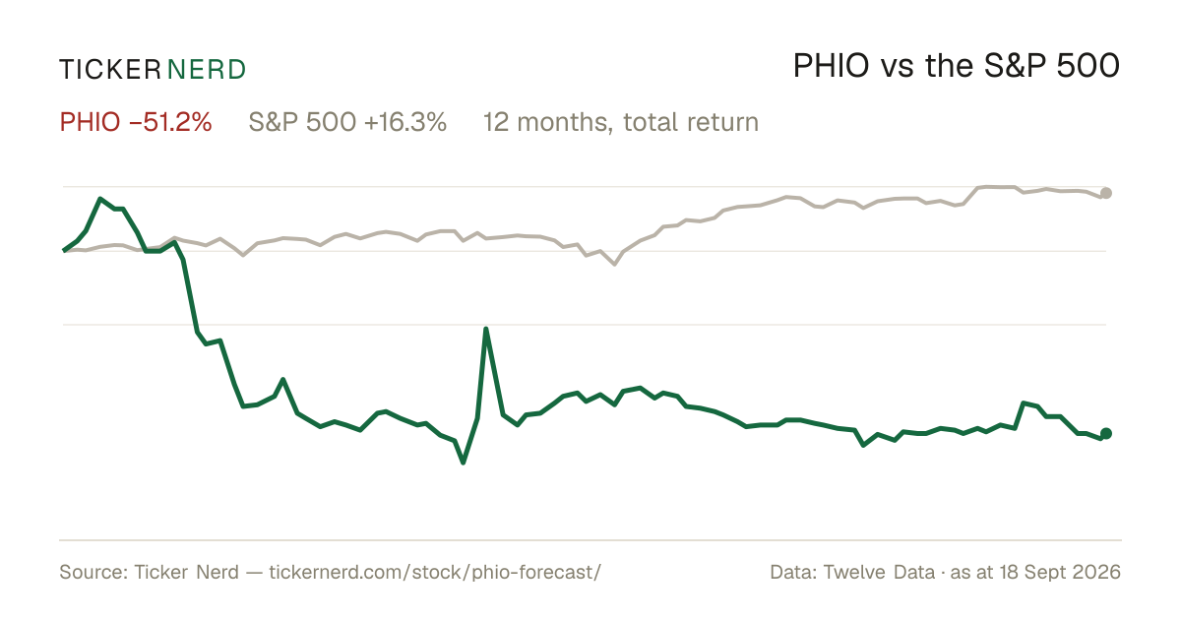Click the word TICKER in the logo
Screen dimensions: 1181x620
click(110, 70)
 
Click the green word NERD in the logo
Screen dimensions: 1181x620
click(206, 70)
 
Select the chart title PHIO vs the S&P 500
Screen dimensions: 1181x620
click(956, 66)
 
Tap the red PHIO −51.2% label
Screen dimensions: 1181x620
click(136, 122)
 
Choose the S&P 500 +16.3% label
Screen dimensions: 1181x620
click(347, 122)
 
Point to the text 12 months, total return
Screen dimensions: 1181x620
click(621, 122)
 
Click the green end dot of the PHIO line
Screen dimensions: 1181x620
click(1106, 433)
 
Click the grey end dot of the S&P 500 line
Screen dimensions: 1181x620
click(1106, 194)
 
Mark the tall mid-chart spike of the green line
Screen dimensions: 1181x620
click(485, 329)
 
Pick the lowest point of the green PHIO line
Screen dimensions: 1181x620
click(464, 463)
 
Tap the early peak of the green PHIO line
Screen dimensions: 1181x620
click(100, 199)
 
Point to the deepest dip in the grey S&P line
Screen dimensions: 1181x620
click(615, 264)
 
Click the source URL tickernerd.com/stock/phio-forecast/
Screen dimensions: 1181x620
click(435, 572)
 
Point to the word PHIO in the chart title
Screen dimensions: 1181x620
click(831, 66)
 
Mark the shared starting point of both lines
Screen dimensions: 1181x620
click(64, 250)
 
